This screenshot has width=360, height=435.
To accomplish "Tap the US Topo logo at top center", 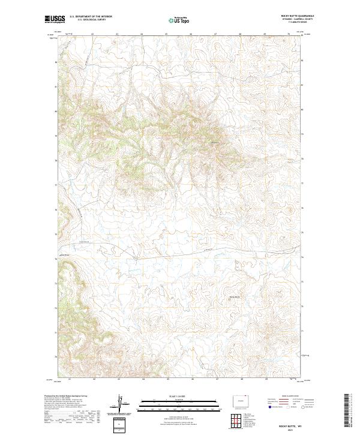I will point(179,20).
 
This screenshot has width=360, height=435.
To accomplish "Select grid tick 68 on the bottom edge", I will point(240,379).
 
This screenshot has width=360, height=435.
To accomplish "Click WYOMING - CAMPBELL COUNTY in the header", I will point(303,20).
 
